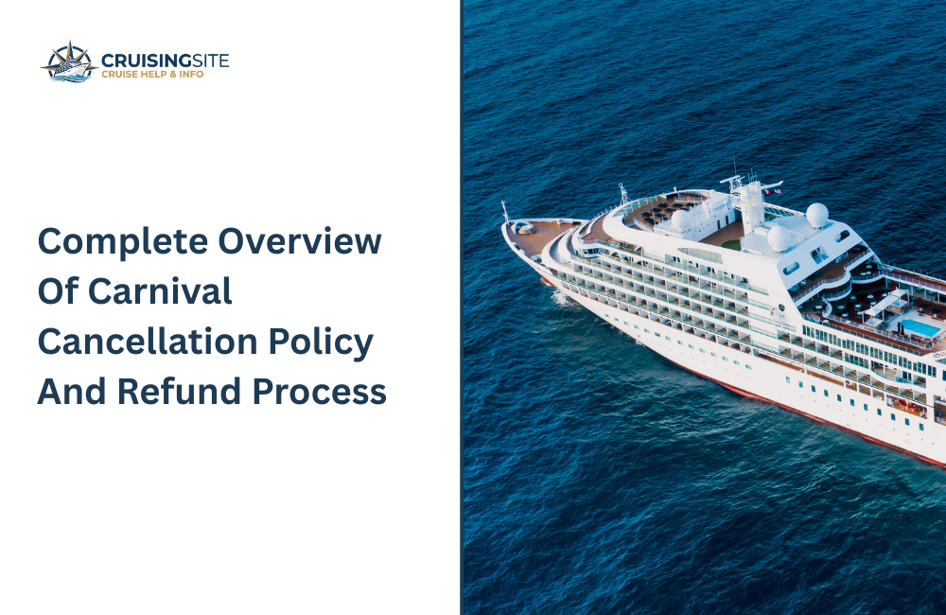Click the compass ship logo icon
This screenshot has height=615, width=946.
click(x=69, y=62)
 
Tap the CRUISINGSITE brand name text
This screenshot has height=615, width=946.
click(x=165, y=60)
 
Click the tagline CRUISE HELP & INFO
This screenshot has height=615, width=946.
click(x=151, y=75)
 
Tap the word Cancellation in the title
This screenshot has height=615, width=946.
click(x=143, y=342)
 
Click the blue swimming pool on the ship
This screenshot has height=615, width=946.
click(x=920, y=327)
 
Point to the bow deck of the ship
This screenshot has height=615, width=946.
click(x=534, y=232)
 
